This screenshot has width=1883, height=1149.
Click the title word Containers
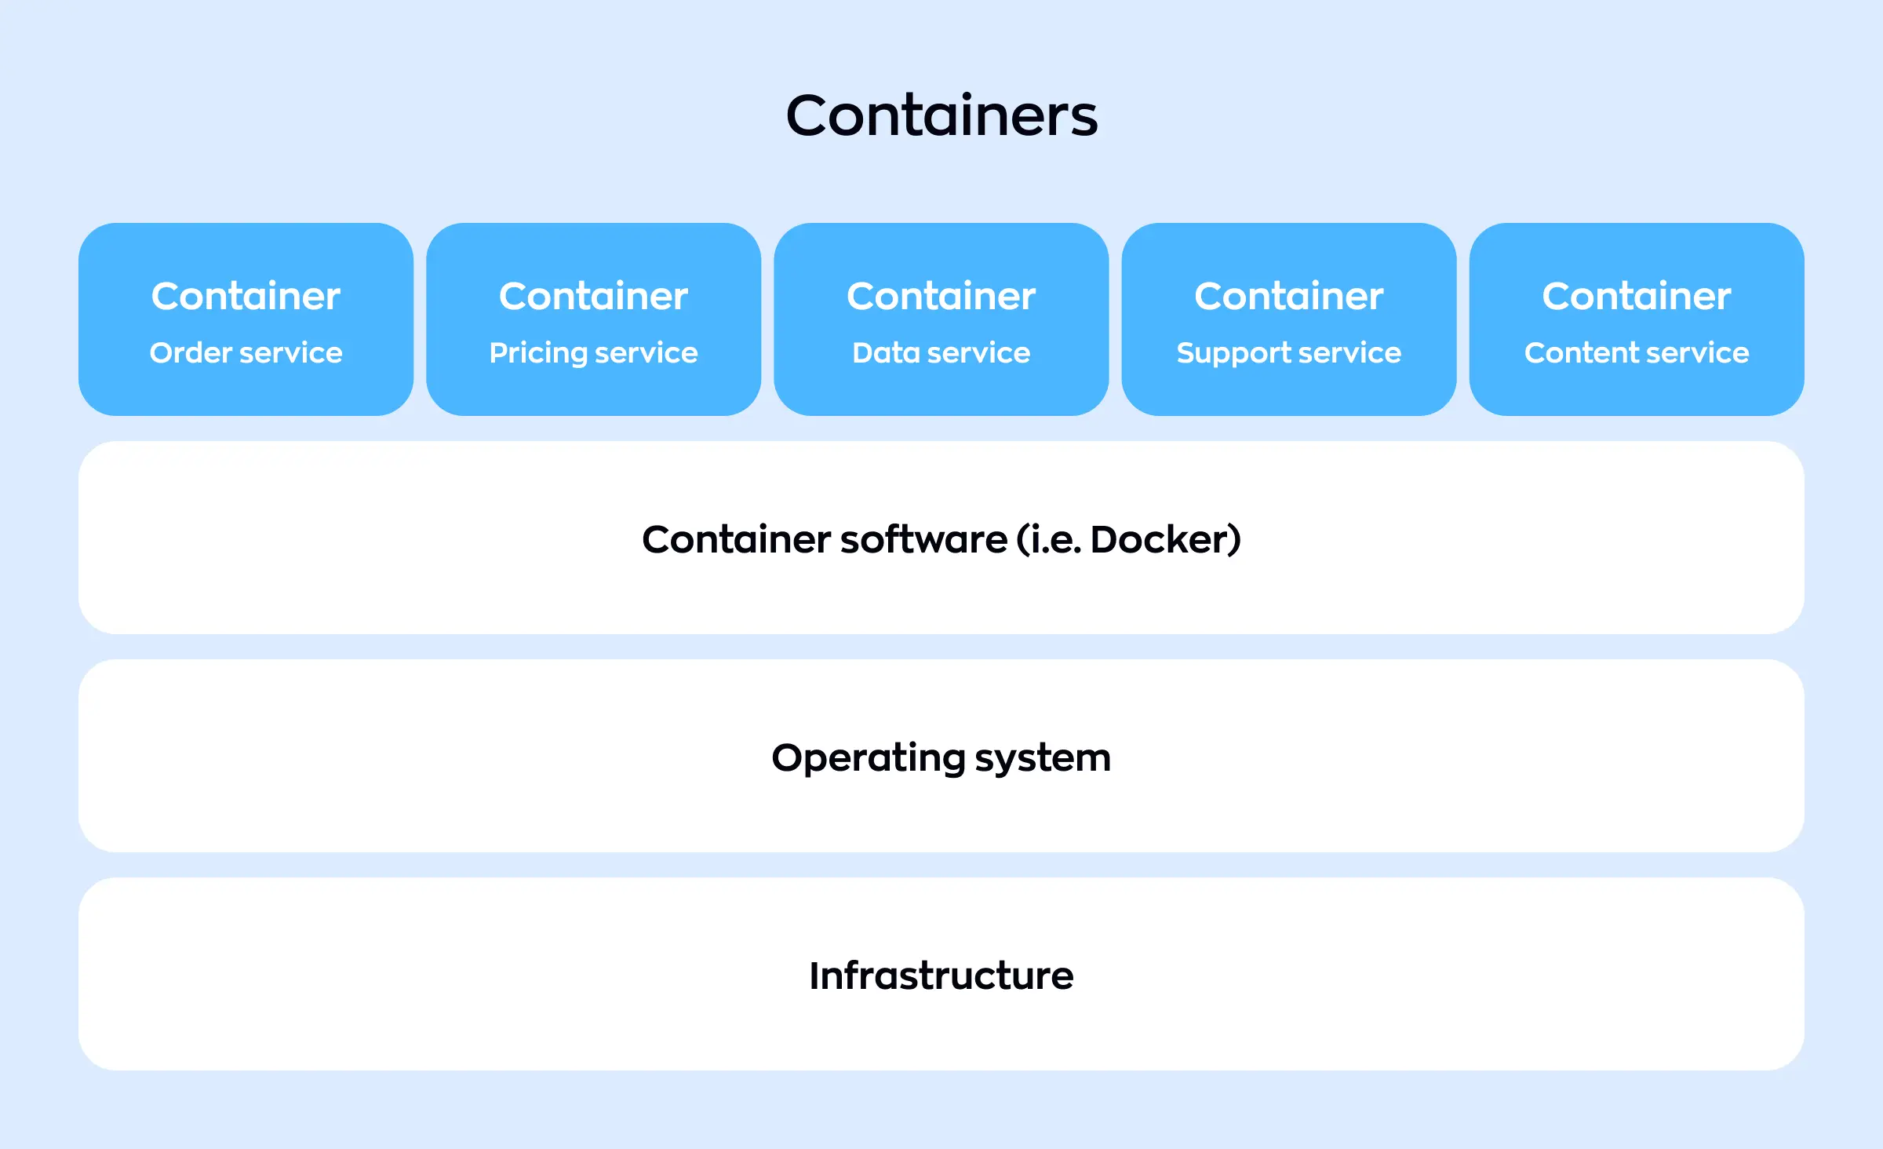tap(941, 116)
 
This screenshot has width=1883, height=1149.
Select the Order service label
tap(246, 353)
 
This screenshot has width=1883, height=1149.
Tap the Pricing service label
tap(593, 353)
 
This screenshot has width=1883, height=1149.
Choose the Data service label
tap(941, 353)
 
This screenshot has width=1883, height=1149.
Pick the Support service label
tap(1288, 353)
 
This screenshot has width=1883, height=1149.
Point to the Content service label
tap(1637, 353)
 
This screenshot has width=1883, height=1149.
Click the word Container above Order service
tap(246, 297)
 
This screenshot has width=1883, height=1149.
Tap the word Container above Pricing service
tap(593, 297)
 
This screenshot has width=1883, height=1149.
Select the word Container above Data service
tap(941, 297)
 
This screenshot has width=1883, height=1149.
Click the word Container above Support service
tap(1288, 297)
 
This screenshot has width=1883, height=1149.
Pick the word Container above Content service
tap(1637, 297)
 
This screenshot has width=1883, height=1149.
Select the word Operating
tap(868, 758)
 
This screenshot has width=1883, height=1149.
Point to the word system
tap(1043, 758)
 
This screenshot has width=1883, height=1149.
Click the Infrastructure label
tap(941, 976)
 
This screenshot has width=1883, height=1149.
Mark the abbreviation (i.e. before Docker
tap(1048, 540)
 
